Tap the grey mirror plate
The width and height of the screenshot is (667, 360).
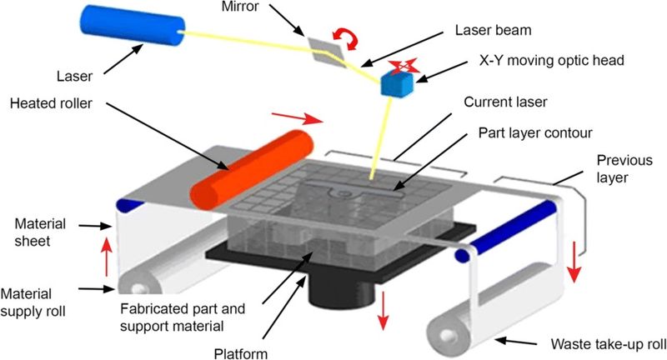pyautogui.click(x=326, y=50)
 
